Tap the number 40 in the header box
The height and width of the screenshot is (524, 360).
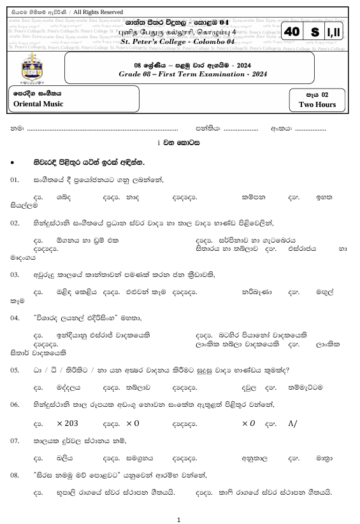point(292,32)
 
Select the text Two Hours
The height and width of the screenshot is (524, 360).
point(317,104)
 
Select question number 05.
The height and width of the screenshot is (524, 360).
point(16,370)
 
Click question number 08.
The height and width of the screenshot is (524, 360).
point(16,474)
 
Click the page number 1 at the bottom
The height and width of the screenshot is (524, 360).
point(180,519)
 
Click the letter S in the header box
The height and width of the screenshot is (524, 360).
point(313,32)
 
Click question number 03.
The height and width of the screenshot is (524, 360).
point(16,274)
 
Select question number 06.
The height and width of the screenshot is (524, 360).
point(16,404)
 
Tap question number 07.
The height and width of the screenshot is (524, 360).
point(16,441)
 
